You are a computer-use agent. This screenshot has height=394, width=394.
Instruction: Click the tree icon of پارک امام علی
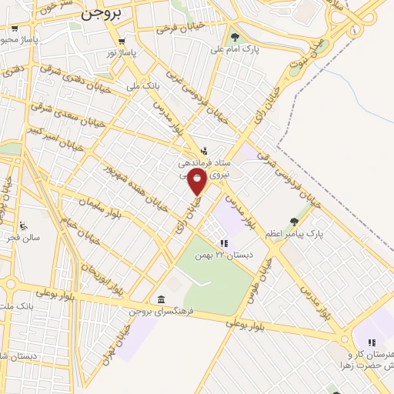click(x=234, y=36)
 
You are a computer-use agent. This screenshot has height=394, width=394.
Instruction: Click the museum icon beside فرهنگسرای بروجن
click(x=159, y=299)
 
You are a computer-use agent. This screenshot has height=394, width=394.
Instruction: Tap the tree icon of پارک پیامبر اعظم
click(x=292, y=222)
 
